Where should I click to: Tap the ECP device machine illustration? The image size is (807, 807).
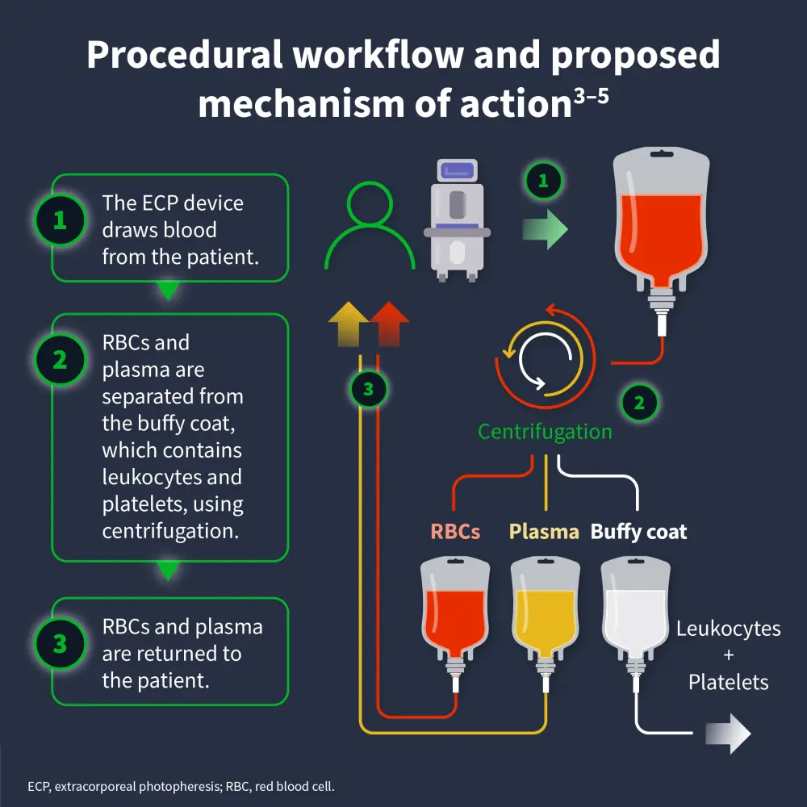[457, 219]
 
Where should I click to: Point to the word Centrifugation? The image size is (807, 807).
[545, 432]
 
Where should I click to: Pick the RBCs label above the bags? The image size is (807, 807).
[455, 532]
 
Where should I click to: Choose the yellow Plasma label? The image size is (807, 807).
[544, 532]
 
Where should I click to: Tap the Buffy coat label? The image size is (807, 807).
[638, 532]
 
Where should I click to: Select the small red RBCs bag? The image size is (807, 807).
[455, 613]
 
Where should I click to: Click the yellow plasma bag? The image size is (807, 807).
[546, 613]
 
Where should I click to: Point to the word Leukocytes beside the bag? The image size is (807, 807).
[728, 628]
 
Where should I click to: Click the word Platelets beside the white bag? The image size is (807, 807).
[728, 682]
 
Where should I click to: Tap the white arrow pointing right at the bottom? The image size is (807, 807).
[728, 734]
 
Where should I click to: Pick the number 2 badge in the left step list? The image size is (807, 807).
[60, 360]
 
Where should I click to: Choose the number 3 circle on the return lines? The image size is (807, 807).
[369, 391]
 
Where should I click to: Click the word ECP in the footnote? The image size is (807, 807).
[38, 785]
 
